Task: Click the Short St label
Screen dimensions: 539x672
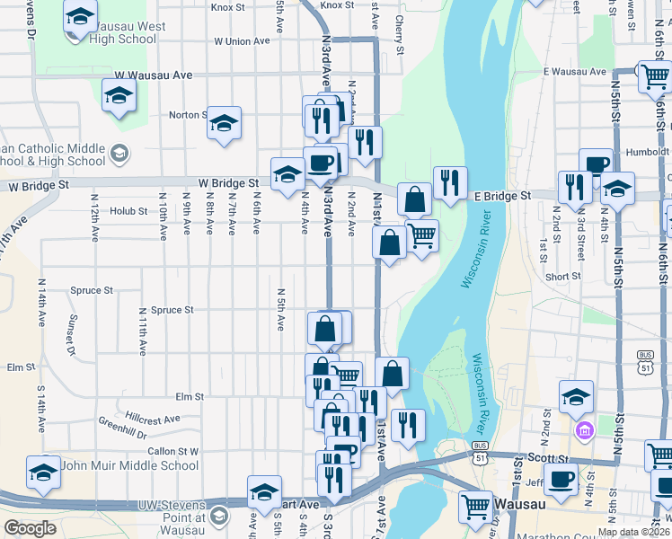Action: click(562, 277)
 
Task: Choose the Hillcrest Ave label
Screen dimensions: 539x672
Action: click(153, 418)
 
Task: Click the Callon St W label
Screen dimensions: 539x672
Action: click(172, 451)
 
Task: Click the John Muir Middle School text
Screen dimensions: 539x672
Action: click(131, 465)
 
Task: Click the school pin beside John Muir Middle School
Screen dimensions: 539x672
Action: click(43, 473)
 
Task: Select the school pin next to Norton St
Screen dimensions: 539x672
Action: click(224, 123)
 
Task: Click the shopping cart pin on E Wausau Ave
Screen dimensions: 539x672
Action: click(653, 77)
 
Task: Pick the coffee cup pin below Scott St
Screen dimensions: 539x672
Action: click(561, 480)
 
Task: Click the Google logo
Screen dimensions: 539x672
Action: click(30, 528)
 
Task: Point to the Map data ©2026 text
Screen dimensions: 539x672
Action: click(632, 532)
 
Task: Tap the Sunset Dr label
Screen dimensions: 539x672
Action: click(69, 333)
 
